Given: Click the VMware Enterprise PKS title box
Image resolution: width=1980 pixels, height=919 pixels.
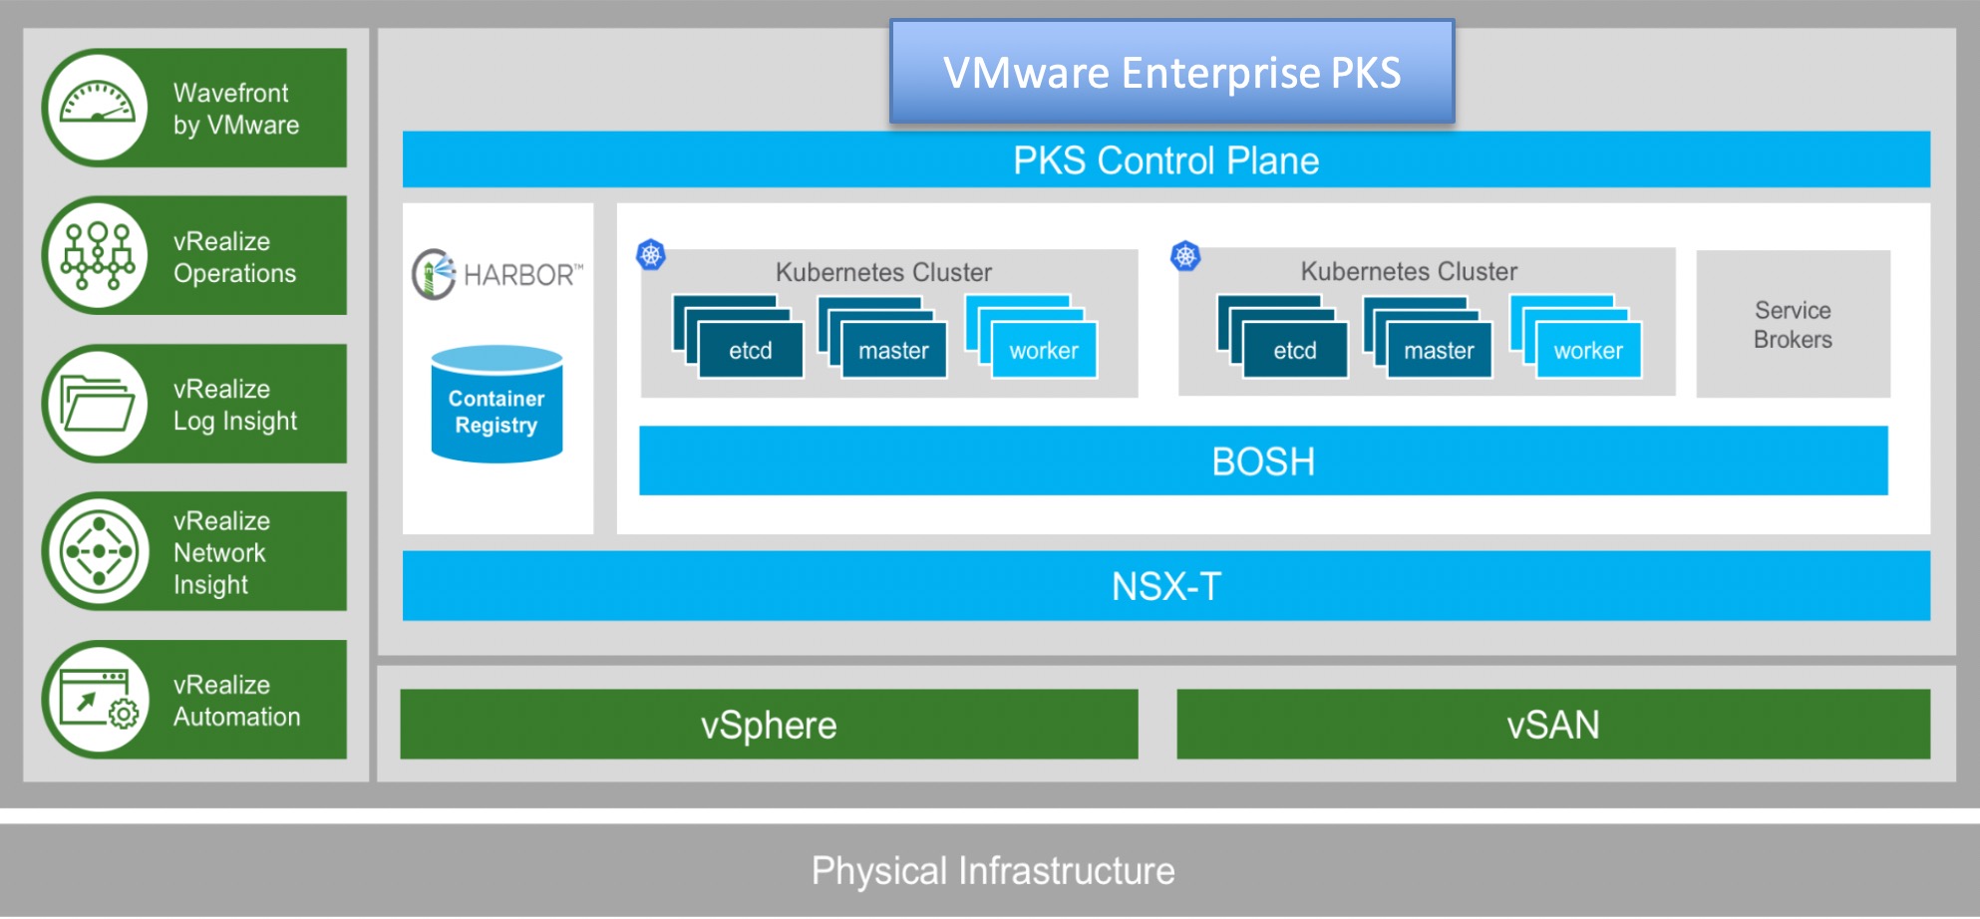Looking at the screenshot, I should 1171,73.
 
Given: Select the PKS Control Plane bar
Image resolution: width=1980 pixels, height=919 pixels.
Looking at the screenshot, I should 1165,160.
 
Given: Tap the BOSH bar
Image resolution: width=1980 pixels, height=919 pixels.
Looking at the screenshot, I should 1263,461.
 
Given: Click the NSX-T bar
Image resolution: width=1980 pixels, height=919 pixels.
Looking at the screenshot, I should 1165,586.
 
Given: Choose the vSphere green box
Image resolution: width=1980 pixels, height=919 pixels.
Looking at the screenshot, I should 769,725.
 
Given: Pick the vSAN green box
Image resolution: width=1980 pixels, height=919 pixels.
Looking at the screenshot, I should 1552,725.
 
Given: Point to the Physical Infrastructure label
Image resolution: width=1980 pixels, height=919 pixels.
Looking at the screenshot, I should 993,871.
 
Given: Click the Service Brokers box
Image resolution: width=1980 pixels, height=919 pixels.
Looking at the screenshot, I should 1793,325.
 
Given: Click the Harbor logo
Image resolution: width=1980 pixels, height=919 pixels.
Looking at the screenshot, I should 496,274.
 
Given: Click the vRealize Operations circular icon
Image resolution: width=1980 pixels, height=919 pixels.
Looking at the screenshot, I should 97,256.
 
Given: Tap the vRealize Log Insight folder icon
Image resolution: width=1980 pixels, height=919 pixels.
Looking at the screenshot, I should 97,404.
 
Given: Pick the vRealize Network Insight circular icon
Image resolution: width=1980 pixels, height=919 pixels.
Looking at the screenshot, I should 98,551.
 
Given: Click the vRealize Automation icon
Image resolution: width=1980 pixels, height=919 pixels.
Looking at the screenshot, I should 98,699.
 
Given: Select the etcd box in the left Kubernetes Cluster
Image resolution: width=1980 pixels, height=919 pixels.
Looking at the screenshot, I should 750,350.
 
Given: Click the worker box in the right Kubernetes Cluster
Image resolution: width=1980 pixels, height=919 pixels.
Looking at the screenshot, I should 1588,350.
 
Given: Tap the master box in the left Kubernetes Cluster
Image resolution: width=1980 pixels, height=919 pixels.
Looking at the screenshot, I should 893,350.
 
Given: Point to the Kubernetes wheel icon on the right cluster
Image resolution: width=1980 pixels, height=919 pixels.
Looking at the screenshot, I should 1185,256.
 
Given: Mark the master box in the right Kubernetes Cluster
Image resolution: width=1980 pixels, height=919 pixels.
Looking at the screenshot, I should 1439,350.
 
